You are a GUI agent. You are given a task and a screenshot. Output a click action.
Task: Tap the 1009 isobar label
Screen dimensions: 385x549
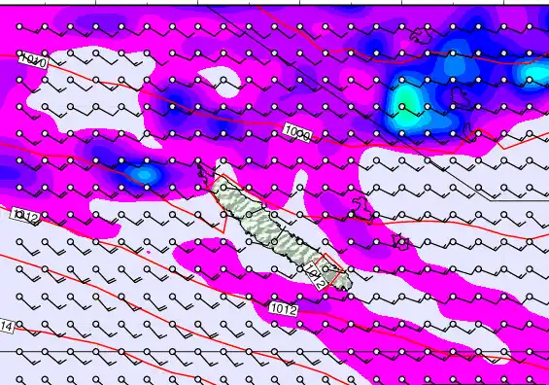pyautogui.click(x=297, y=132)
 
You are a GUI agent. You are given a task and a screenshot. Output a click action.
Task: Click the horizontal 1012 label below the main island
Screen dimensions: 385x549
pyautogui.click(x=284, y=310)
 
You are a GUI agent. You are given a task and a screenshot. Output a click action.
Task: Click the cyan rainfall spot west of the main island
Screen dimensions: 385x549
pyautogui.click(x=143, y=174)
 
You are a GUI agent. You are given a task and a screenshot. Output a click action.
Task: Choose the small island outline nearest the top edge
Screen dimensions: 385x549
pyautogui.click(x=421, y=36)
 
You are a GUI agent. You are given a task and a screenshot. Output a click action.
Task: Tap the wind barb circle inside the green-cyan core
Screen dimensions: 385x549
pyautogui.click(x=401, y=106)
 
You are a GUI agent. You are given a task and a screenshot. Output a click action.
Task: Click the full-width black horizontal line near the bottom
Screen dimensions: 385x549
pyautogui.click(x=194, y=351)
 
